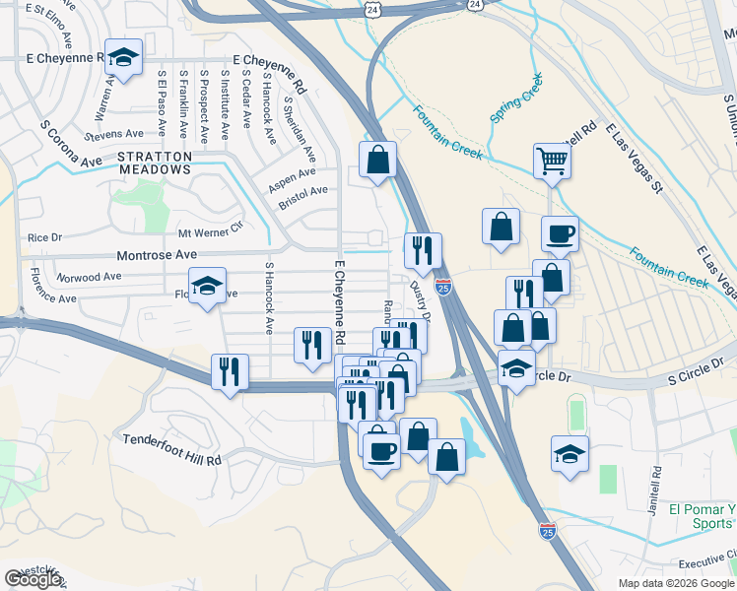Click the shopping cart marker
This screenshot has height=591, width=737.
(553, 160)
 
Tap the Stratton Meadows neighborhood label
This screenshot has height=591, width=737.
(153, 163)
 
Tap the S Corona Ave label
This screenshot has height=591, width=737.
(71, 145)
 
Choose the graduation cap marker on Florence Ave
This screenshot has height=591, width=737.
(207, 287)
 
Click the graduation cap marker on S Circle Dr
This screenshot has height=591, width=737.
(516, 369)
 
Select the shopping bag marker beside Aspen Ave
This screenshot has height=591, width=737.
(377, 160)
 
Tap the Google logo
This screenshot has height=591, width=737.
(33, 579)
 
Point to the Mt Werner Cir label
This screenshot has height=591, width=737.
(209, 232)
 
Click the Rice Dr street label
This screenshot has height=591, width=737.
(44, 237)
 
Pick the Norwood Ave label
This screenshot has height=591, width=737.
(89, 277)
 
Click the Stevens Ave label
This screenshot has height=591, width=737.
(114, 134)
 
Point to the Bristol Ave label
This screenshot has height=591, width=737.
(303, 190)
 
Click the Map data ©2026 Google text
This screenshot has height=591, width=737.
(676, 583)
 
